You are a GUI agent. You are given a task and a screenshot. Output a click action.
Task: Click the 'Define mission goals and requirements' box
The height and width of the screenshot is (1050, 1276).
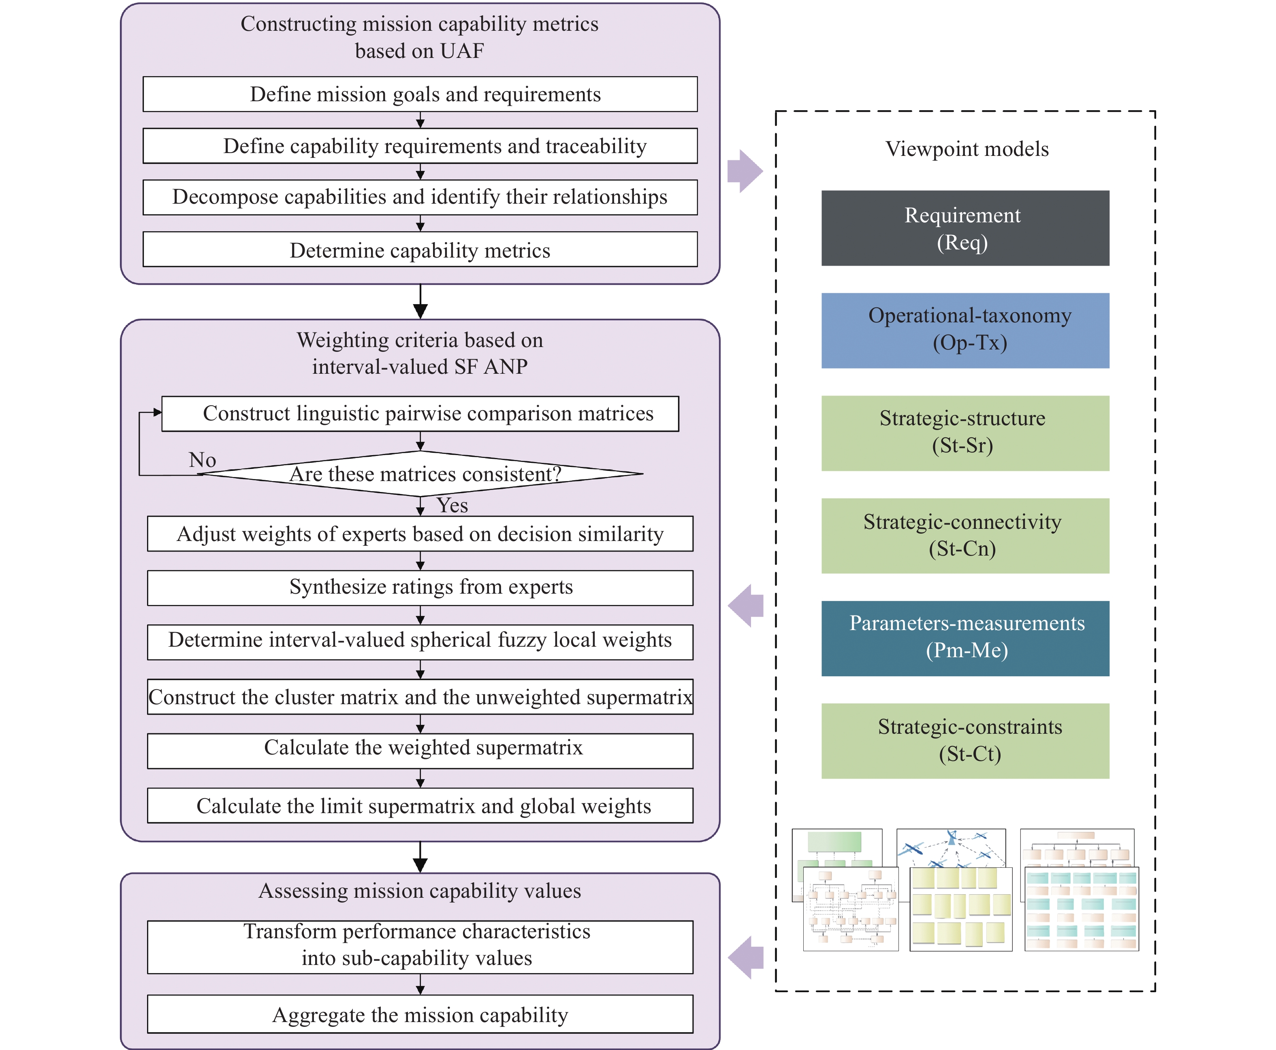420,94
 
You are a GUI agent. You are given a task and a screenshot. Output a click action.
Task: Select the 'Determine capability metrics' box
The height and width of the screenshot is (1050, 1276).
420,250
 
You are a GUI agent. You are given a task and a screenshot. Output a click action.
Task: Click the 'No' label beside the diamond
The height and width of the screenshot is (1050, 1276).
202,460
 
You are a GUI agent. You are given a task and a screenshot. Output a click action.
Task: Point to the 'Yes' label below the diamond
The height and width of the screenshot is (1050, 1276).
452,505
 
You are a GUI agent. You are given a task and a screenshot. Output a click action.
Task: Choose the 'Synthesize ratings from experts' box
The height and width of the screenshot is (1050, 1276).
420,587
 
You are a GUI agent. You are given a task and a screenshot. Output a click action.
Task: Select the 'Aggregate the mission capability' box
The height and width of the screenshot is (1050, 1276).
420,1014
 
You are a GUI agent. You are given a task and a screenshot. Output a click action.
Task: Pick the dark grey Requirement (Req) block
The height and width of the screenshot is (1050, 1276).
964,228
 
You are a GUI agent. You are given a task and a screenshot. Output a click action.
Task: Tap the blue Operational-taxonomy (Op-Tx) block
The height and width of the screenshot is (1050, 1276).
964,330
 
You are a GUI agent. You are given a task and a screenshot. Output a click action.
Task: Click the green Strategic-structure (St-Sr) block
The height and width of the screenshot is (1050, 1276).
964,433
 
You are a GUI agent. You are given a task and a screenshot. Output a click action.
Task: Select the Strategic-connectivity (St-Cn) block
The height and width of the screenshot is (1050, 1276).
964,535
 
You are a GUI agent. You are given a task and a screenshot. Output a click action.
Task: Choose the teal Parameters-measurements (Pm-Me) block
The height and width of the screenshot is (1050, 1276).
964,638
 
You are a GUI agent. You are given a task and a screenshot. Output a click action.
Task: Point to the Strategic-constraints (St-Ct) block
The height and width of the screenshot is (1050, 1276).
964,740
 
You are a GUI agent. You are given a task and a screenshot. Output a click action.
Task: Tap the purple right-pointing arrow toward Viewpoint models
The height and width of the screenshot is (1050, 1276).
745,171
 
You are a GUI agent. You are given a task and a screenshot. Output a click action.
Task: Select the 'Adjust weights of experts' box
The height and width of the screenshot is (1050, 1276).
420,533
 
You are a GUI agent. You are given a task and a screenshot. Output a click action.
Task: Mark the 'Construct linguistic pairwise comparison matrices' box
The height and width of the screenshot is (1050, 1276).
420,414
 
